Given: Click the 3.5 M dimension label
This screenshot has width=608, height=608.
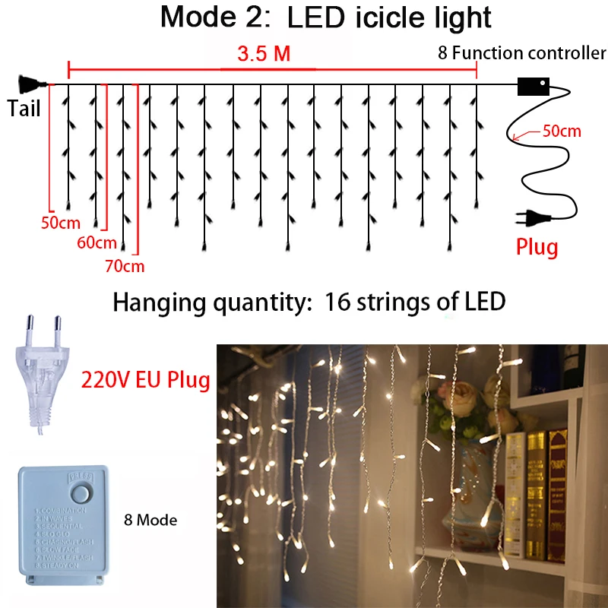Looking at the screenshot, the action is [264, 55].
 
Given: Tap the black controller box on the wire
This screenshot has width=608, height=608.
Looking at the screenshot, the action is [532, 86].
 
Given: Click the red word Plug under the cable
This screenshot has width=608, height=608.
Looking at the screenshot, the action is [537, 247].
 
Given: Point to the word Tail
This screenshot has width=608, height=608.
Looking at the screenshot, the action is [24, 109].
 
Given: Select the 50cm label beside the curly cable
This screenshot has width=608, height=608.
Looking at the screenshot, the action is [562, 131].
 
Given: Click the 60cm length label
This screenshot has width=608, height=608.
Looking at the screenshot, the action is [97, 243].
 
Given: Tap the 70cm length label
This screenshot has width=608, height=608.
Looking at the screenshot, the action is [125, 266].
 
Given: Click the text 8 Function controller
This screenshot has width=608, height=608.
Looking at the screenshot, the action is [522, 54].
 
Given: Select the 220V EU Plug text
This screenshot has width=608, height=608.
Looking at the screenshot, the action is [144, 378].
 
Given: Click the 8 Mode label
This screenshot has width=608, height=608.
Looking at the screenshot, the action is [150, 521].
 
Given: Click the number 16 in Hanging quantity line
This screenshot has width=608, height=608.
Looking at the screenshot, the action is [337, 302].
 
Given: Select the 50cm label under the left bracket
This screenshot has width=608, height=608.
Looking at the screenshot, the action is [60, 223].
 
